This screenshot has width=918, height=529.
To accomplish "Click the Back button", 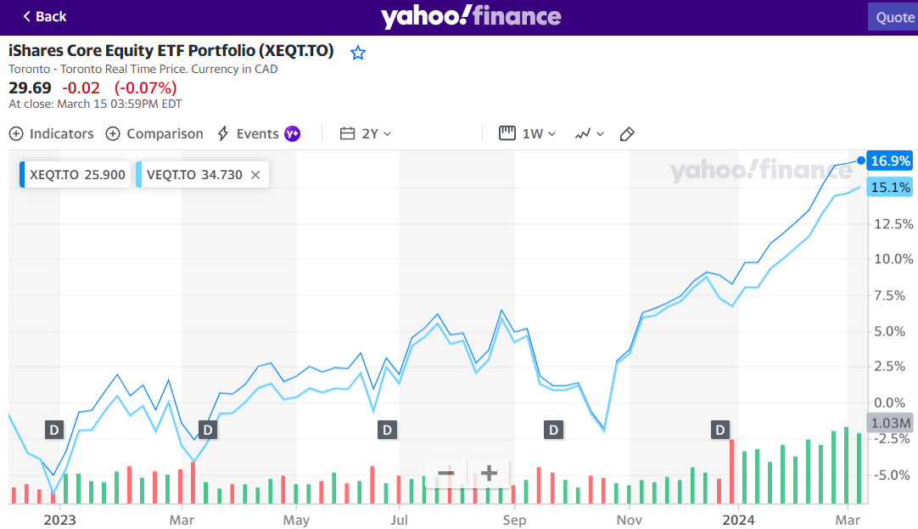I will click(x=44, y=16).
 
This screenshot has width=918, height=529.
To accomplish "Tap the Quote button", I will click(x=894, y=17).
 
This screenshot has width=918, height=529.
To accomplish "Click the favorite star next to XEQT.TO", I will click(x=358, y=53).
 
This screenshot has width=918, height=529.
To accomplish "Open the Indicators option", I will click(x=51, y=133).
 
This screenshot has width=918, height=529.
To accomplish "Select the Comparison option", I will click(x=154, y=133).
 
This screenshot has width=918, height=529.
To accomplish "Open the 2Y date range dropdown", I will click(x=366, y=133).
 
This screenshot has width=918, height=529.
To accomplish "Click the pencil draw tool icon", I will click(x=627, y=133).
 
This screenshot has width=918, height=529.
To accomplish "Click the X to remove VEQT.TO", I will click(x=255, y=175).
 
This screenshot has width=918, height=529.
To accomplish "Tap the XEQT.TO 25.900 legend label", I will click(x=76, y=175).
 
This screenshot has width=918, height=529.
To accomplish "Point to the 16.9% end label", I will click(x=890, y=160).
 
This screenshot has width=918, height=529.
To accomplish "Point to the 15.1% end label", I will click(x=890, y=188).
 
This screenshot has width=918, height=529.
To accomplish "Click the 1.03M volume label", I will click(x=890, y=423).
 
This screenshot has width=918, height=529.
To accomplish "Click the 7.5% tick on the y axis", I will click(x=893, y=295).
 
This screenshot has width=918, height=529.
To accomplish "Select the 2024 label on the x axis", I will click(x=738, y=519).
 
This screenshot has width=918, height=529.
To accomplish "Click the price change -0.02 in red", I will click(x=83, y=87).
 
